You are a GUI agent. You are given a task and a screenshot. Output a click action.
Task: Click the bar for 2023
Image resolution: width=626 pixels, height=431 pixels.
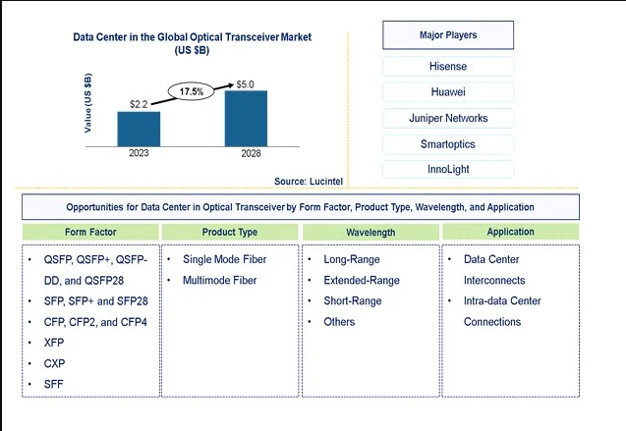[x=139, y=128]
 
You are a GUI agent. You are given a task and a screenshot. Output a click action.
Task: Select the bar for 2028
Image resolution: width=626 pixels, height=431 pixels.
[x=246, y=116]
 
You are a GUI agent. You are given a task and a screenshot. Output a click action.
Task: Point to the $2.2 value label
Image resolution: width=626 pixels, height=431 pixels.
[x=139, y=102]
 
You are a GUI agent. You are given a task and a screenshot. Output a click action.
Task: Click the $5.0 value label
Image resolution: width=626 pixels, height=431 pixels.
[x=246, y=83]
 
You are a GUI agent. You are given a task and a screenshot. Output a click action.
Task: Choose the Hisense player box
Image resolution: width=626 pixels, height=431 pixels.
[x=448, y=67]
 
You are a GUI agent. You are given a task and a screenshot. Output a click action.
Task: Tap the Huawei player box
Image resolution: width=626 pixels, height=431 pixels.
[x=448, y=92]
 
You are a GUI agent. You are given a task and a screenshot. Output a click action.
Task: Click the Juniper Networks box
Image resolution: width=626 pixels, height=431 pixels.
[x=448, y=118]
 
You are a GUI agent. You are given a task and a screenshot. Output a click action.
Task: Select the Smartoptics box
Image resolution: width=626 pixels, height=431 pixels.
[x=448, y=143]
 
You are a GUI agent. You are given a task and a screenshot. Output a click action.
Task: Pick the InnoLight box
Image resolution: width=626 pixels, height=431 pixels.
[x=448, y=169]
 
